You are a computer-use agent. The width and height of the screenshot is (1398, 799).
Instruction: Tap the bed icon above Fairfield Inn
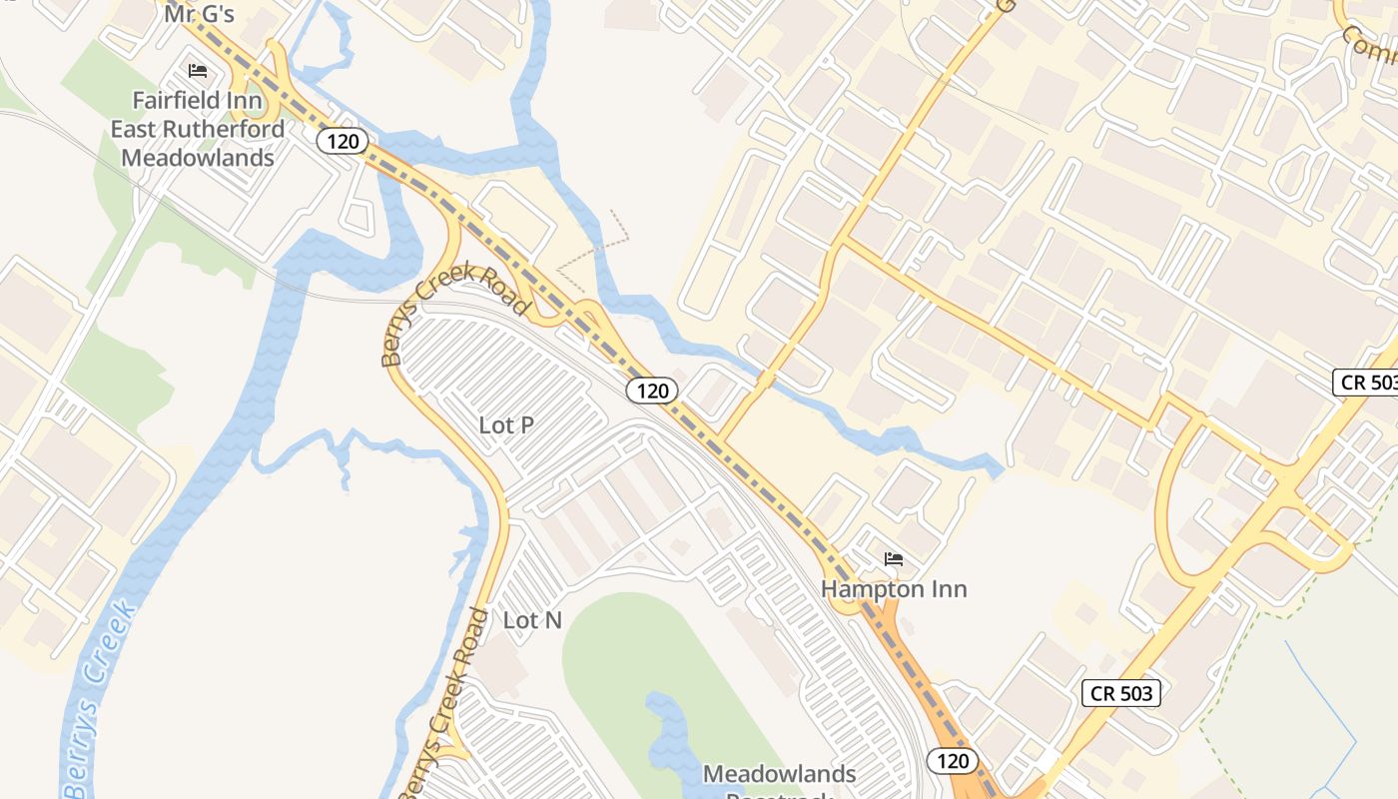tap(198, 71)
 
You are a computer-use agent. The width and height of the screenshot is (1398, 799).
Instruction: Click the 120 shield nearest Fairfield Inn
tap(342, 141)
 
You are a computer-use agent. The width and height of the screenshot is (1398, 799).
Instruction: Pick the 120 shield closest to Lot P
tap(652, 390)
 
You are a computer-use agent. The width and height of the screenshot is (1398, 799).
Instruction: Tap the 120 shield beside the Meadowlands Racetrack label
tap(953, 761)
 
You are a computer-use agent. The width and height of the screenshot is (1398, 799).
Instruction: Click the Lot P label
tap(506, 424)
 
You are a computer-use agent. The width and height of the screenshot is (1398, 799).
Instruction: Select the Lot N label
tap(532, 620)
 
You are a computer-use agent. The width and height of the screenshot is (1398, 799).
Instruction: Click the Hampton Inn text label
tap(894, 589)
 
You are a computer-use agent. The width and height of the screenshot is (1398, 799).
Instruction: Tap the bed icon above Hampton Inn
tap(894, 559)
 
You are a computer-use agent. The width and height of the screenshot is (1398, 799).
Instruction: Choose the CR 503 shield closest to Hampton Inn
tap(1121, 693)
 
